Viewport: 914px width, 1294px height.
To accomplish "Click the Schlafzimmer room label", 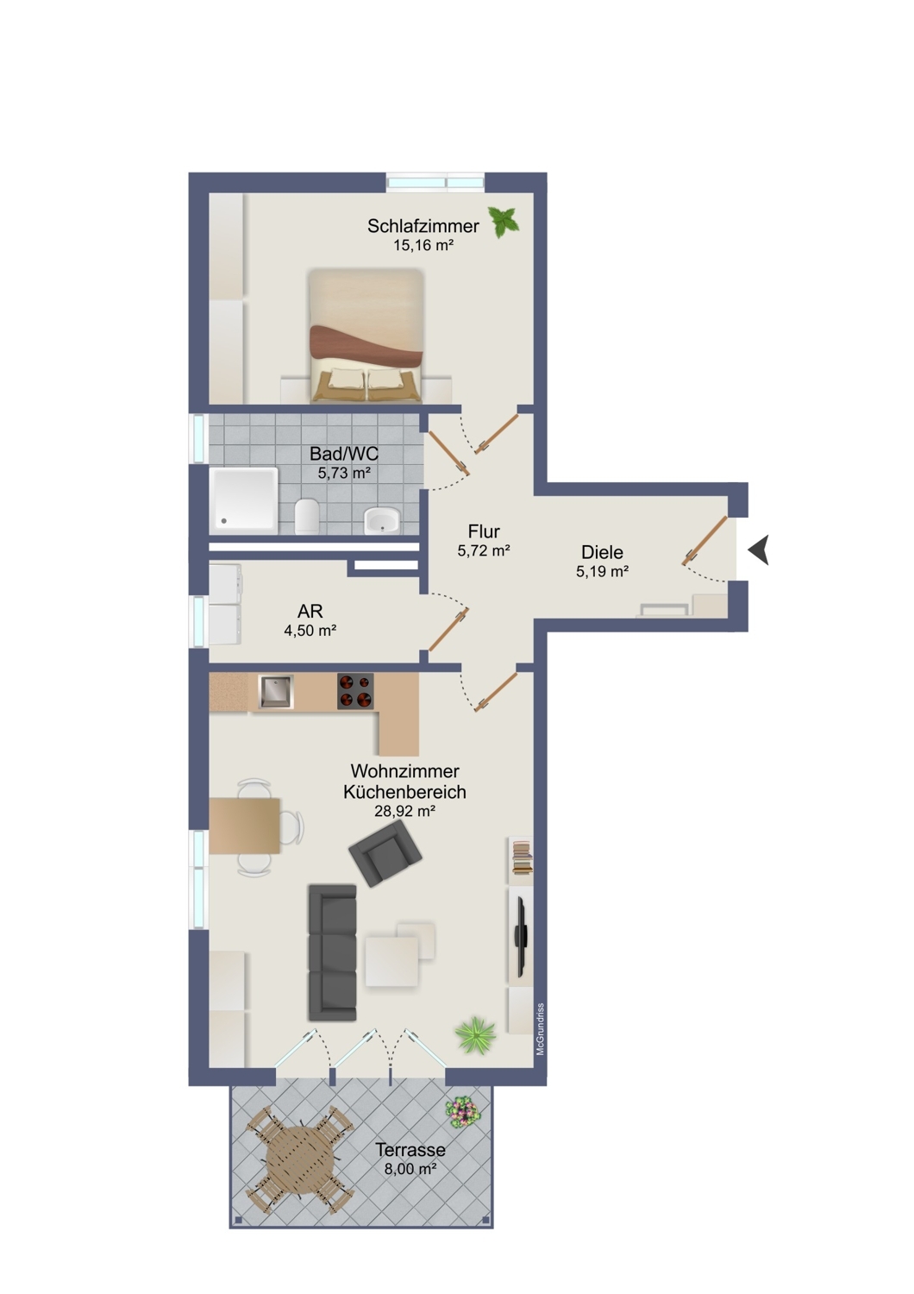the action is [423, 226].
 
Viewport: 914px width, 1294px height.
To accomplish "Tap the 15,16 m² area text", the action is [423, 245].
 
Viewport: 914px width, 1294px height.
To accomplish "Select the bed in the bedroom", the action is [366, 335].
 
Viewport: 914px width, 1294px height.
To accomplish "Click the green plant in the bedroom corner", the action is [504, 222].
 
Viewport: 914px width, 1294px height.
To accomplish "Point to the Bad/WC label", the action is [343, 454].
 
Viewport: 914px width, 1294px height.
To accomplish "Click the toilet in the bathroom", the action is [307, 516].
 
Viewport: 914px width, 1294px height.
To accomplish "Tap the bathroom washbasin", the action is [381, 520].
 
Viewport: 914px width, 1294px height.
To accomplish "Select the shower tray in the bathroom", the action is [244, 501].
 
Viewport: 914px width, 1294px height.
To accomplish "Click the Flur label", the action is [484, 531].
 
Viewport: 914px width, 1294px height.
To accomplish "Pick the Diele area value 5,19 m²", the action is [602, 571].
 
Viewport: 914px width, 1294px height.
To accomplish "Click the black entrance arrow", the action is [759, 550].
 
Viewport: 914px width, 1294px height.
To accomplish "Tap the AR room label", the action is [310, 611].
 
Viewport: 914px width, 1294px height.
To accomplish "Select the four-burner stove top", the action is [355, 691].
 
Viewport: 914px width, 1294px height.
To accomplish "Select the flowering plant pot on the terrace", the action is [462, 1112].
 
